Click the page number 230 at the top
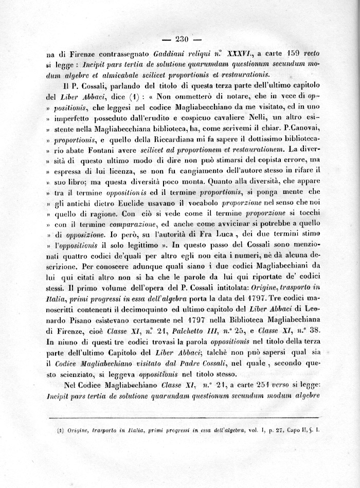click(183, 39)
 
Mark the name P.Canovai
click(297, 129)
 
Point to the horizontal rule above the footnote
click(183, 418)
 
